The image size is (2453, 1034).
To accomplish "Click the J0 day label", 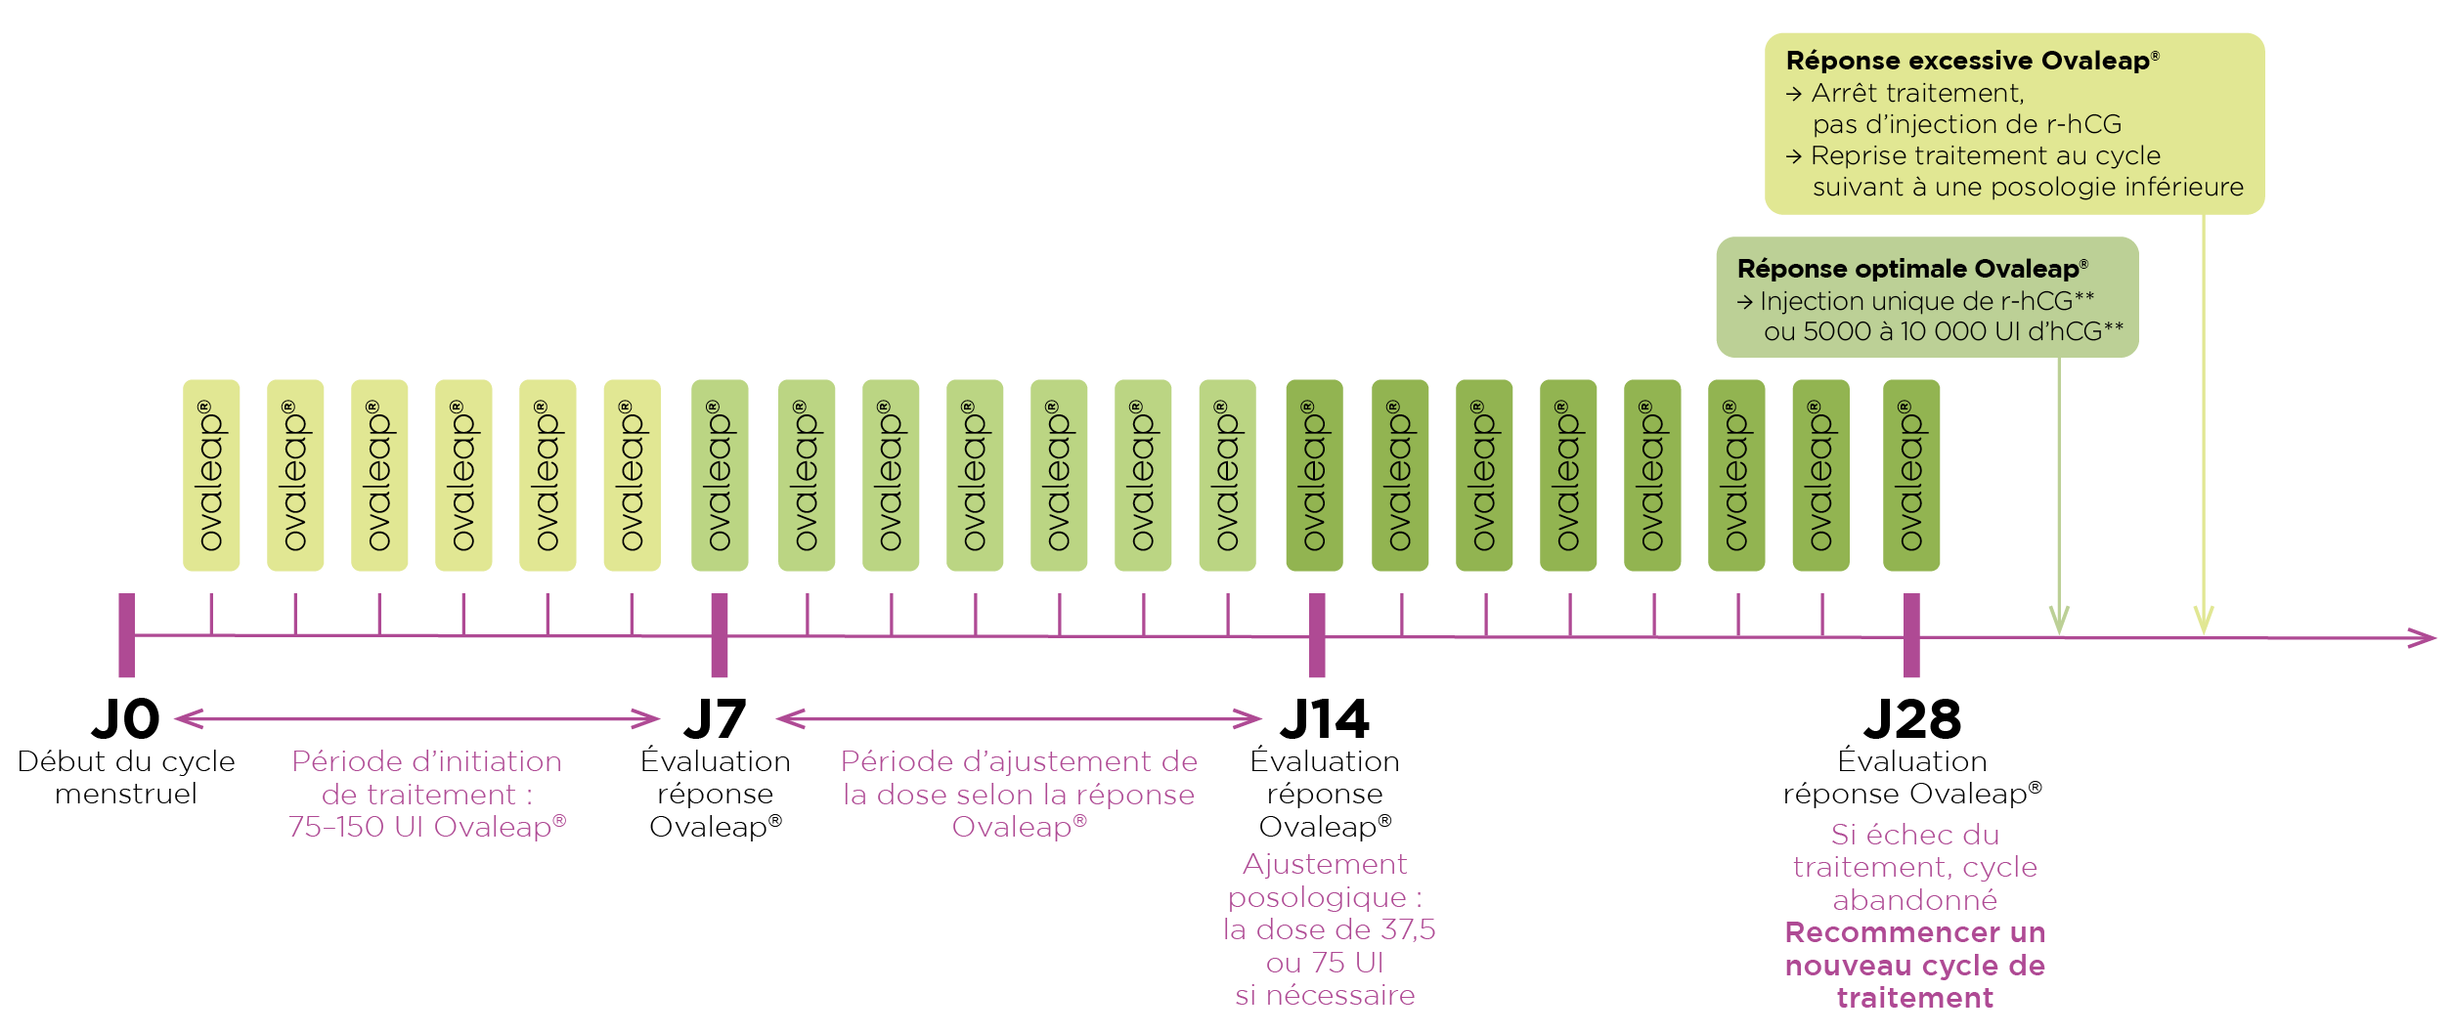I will [x=125, y=719].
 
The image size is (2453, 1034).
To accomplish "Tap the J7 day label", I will [x=715, y=719].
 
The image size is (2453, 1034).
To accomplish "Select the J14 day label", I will [x=1325, y=719].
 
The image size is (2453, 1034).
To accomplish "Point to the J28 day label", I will [x=1912, y=719].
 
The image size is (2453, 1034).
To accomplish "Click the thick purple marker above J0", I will [x=126, y=635].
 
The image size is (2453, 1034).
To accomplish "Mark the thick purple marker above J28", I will [x=1912, y=635].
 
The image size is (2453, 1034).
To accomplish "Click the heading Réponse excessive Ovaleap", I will [x=1971, y=61].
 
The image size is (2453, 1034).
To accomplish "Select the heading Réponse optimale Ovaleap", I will [x=1911, y=269].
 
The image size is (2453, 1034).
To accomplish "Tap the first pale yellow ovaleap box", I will [x=211, y=475].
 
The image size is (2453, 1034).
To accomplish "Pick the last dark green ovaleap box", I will [x=1911, y=475].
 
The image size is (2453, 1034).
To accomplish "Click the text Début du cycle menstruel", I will [x=126, y=777].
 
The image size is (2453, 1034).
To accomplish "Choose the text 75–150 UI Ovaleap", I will [x=426, y=827].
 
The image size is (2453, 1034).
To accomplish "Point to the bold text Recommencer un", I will [x=1914, y=932].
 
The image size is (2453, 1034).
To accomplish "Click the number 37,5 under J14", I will [x=1408, y=929].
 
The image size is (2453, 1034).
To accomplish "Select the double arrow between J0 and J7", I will [x=417, y=719].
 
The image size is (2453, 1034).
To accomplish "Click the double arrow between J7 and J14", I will [x=1019, y=719].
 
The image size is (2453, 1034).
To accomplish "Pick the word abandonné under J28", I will [x=1914, y=900].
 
